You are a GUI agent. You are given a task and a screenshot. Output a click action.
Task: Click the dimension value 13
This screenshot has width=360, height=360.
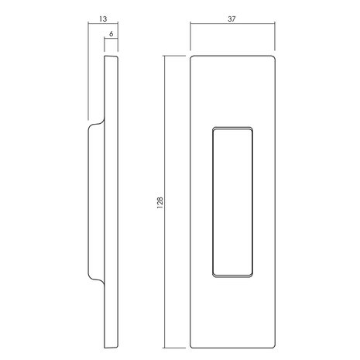click(103, 19)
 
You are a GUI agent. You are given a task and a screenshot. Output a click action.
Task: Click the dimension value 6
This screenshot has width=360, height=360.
click(111, 34)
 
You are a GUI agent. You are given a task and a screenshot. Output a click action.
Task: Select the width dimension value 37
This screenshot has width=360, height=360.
click(231, 19)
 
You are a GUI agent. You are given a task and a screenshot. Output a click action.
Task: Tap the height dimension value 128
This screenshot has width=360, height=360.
click(160, 203)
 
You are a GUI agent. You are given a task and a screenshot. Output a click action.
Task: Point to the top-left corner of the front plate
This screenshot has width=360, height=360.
click(190, 56)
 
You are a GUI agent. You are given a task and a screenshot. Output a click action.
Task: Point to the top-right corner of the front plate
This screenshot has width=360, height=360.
click(275, 56)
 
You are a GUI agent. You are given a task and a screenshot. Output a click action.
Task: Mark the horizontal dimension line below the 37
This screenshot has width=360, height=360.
click(232, 24)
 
